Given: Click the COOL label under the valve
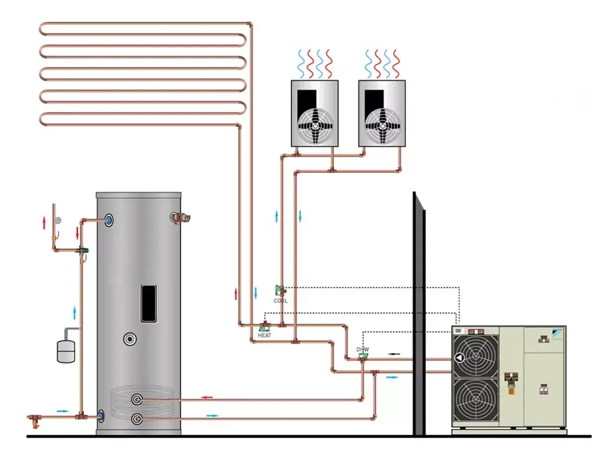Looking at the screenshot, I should pyautogui.click(x=281, y=301).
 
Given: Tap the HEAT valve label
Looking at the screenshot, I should pyautogui.click(x=264, y=335).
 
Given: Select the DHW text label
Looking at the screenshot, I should pyautogui.click(x=363, y=349).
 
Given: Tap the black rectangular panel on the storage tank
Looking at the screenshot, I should pyautogui.click(x=149, y=303).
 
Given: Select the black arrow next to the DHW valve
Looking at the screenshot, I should pyautogui.click(x=394, y=354).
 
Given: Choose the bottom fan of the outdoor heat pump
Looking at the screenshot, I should pyautogui.click(x=475, y=400).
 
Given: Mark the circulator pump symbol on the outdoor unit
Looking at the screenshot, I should pyautogui.click(x=459, y=358).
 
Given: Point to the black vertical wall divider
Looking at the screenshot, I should pyautogui.click(x=419, y=313).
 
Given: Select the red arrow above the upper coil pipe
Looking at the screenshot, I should pyautogui.click(x=207, y=397).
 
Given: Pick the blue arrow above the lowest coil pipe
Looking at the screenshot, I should pyautogui.click(x=212, y=415).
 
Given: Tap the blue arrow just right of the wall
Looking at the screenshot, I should pyautogui.click(x=391, y=377).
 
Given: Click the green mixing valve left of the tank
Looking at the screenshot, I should pyautogui.click(x=82, y=251).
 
